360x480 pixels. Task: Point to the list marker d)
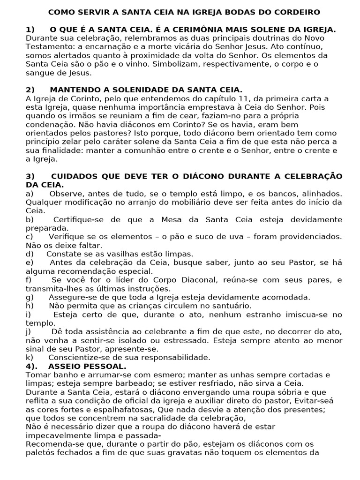[x=30, y=254]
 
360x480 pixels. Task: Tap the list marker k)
[x=30, y=357]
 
